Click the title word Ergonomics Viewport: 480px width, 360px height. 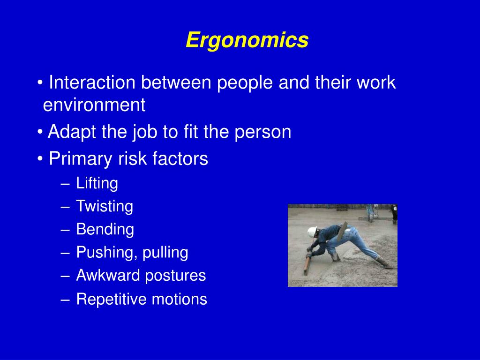pos(247,40)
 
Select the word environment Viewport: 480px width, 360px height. pos(94,105)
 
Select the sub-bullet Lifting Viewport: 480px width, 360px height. pos(97,183)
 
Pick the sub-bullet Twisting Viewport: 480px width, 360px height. pos(105,206)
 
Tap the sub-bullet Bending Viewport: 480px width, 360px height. pos(105,230)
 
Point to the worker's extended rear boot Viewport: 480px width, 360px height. pos(383,263)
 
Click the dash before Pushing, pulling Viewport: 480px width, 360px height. pos(64,253)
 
